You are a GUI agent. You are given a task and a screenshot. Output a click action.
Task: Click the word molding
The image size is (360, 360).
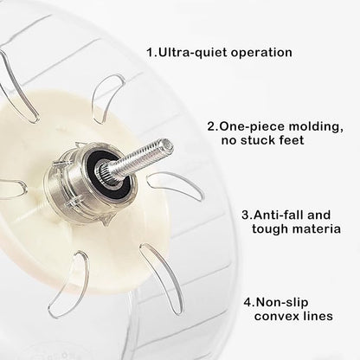tap(316, 127)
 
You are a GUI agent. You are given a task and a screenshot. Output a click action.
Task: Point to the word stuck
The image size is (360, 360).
tap(259, 140)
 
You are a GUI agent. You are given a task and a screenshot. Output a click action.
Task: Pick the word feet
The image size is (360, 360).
tap(292, 140)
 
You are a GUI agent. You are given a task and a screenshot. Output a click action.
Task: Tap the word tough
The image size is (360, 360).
tap(270, 229)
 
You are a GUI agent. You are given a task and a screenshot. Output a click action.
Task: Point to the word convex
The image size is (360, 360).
tap(276, 317)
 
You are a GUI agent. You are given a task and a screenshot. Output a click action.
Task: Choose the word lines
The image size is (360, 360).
tap(318, 316)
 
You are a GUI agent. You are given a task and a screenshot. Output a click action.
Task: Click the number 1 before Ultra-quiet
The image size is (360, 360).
tap(151, 53)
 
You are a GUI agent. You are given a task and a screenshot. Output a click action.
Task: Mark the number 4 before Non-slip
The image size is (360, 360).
tap(247, 303)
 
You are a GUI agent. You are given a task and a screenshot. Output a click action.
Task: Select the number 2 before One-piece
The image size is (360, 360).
tap(211, 126)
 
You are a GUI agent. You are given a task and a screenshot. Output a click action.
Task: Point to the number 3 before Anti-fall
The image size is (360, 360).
tap(246, 215)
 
